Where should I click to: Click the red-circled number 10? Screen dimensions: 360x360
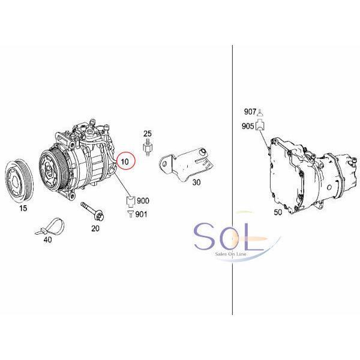pos(125,161)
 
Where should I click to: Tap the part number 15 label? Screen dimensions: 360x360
pos(23,208)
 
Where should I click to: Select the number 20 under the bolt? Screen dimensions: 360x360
pos(95,229)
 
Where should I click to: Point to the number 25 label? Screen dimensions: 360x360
pos(148,133)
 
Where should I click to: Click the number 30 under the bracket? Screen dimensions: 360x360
pos(196,182)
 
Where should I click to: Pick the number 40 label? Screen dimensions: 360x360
pos(48,239)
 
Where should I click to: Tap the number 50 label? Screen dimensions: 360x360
pos(278,212)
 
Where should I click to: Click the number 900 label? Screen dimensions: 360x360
pos(143,200)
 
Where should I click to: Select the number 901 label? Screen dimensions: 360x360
pos(141,214)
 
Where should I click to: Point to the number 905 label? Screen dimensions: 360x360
pos(248,126)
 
